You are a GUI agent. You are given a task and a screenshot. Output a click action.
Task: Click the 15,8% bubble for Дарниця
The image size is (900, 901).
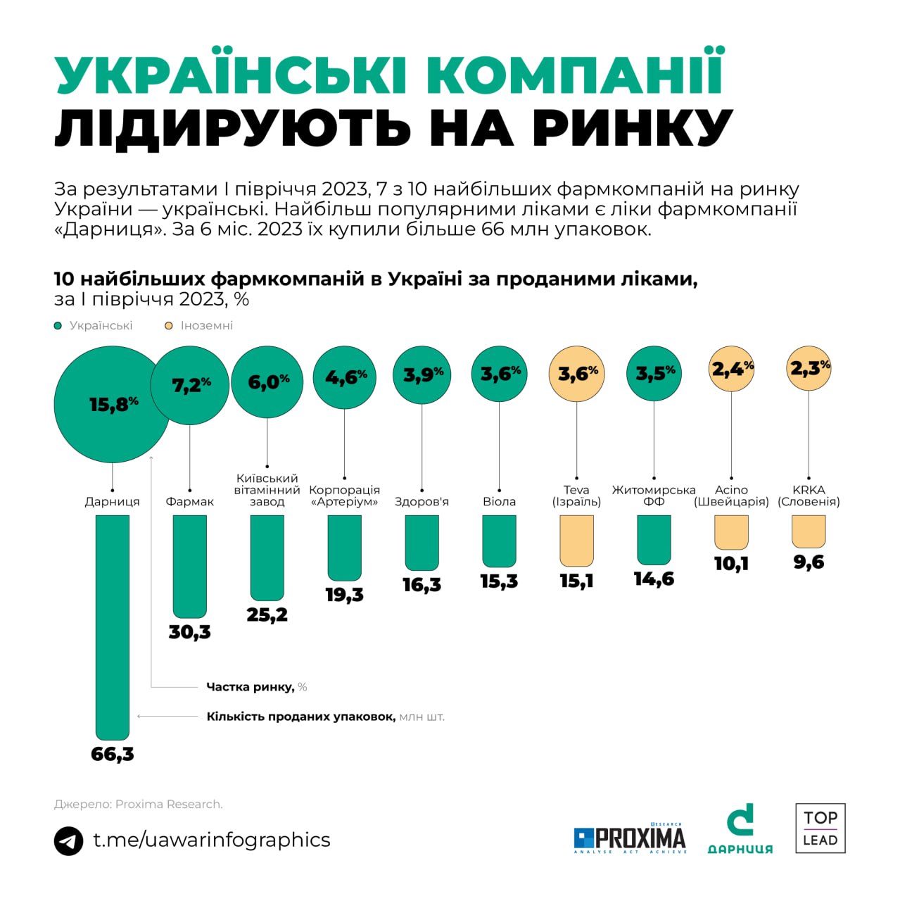(x=111, y=404)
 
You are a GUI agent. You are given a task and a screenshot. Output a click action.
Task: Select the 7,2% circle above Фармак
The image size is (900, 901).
(x=190, y=385)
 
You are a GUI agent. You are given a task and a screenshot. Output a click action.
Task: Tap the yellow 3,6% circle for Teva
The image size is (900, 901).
(x=577, y=374)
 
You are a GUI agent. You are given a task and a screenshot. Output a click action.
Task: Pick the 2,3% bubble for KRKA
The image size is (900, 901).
(x=809, y=368)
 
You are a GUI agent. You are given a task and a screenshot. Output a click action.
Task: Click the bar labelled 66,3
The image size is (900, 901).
(x=113, y=626)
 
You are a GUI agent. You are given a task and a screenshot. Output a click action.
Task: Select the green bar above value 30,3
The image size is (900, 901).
(x=190, y=566)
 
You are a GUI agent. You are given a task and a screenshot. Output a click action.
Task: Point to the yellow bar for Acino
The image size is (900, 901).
(x=731, y=532)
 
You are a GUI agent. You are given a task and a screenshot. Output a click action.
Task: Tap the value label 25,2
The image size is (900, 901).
(x=267, y=615)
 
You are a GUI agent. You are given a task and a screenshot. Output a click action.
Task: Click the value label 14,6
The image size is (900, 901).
(x=654, y=579)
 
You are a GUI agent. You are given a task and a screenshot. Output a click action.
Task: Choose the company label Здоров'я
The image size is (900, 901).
(x=422, y=502)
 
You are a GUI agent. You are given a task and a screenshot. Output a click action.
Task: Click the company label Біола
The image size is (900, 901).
(x=499, y=502)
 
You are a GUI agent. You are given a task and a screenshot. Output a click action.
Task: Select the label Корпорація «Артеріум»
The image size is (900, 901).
(x=345, y=496)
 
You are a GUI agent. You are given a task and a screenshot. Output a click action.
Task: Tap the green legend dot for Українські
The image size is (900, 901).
(x=58, y=326)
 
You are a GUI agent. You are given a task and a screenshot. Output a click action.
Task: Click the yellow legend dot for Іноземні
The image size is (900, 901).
(x=169, y=326)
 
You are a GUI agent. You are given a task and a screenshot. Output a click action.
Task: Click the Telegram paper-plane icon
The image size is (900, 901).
(x=69, y=840)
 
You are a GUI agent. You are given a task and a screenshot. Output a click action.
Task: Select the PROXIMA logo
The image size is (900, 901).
(x=630, y=838)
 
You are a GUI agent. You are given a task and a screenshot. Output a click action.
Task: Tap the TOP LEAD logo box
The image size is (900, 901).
(x=820, y=828)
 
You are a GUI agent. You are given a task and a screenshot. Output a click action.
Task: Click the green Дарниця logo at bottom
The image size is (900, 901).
(x=740, y=829)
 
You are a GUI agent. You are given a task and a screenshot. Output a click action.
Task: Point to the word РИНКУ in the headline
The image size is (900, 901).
(x=633, y=128)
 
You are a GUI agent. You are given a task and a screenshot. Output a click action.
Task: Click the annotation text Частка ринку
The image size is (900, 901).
(x=250, y=687)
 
